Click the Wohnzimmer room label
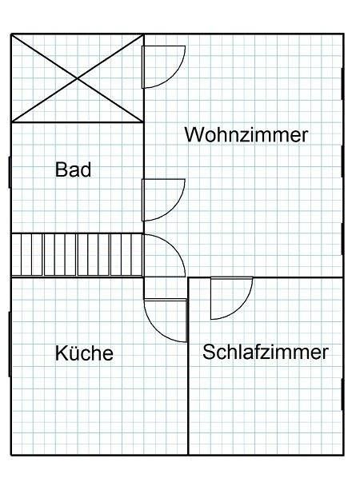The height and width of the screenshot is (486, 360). pyautogui.click(x=246, y=135)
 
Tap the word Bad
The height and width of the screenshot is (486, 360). pyautogui.click(x=73, y=169)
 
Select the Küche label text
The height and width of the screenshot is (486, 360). pyautogui.click(x=84, y=353)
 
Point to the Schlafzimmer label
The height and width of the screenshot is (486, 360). pyautogui.click(x=266, y=352)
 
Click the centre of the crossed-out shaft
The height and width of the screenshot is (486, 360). pyautogui.click(x=78, y=78)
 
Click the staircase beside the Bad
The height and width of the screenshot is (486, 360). pyautogui.click(x=77, y=255)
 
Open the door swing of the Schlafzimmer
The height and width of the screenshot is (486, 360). pyautogui.click(x=231, y=298)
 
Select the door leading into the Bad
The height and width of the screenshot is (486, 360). pyautogui.click(x=163, y=200)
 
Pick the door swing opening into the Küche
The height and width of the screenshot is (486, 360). pyautogui.click(x=166, y=321)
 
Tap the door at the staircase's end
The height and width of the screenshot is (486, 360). pyautogui.click(x=164, y=256)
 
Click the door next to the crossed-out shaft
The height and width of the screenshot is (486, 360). pyautogui.click(x=163, y=67)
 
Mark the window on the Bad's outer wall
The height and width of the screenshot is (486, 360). pyautogui.click(x=10, y=172)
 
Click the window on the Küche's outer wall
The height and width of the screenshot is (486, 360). pyautogui.click(x=10, y=345)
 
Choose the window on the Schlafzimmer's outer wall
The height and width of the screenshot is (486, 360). pyautogui.click(x=342, y=394)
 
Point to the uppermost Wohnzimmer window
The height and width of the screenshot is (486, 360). pyautogui.click(x=342, y=84)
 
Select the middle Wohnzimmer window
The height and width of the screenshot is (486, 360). pyautogui.click(x=342, y=161)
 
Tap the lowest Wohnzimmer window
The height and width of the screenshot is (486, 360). pyautogui.click(x=342, y=239)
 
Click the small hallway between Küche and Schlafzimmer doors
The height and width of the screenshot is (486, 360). pyautogui.click(x=166, y=289)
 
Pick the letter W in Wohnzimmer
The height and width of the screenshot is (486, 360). pyautogui.click(x=194, y=135)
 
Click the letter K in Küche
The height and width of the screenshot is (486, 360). pyautogui.click(x=61, y=353)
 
